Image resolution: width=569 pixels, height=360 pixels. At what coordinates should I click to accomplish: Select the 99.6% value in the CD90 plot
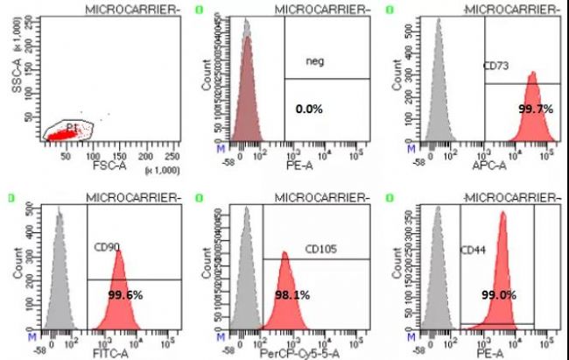pos(124,295)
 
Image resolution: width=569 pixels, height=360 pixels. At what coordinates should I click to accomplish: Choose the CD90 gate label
pos(107,248)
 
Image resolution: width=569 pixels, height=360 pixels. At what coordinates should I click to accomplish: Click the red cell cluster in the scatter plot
pos(63,134)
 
